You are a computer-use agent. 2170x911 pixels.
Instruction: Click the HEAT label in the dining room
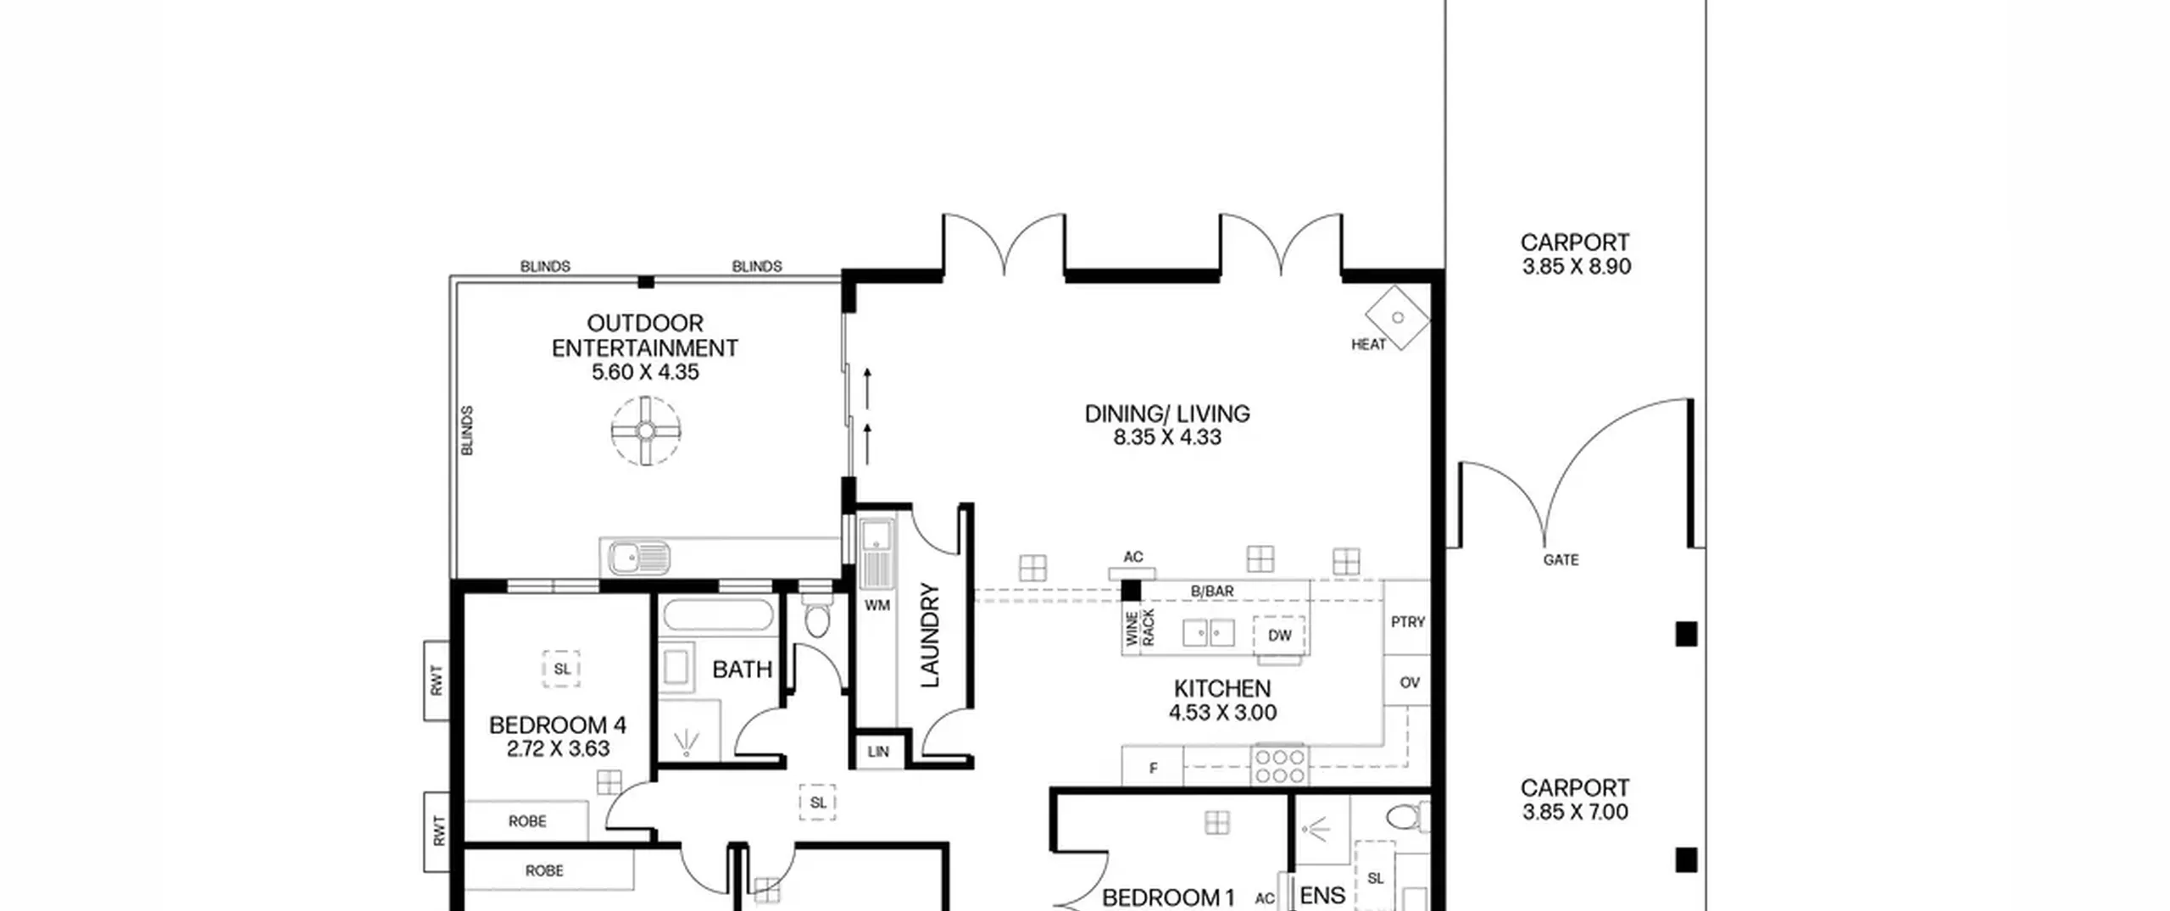[1368, 344]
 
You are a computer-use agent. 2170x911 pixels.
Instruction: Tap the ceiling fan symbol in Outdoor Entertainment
[646, 431]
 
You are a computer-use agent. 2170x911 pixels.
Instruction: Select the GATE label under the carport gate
[1561, 560]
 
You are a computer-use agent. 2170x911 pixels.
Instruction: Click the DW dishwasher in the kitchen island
[1279, 636]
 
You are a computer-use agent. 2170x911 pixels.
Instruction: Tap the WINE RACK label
[1140, 628]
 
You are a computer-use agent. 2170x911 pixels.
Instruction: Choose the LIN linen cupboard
[878, 752]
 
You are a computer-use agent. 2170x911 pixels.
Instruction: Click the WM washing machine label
[876, 605]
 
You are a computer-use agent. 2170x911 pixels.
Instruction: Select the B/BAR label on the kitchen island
[1212, 591]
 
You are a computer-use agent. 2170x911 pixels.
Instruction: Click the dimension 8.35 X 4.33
[1167, 437]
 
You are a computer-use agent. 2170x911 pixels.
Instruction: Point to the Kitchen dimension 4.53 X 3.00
[1222, 713]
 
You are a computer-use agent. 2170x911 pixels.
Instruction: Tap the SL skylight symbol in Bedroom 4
[561, 669]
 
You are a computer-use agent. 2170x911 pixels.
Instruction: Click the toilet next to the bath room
[816, 619]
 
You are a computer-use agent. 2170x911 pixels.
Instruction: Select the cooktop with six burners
[1280, 765]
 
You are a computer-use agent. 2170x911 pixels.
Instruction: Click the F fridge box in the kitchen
[1153, 767]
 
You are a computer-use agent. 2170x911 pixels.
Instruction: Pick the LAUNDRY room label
[930, 635]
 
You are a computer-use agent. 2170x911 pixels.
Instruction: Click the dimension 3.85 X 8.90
[1576, 266]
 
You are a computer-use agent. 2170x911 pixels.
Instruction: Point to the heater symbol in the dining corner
[1398, 318]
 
